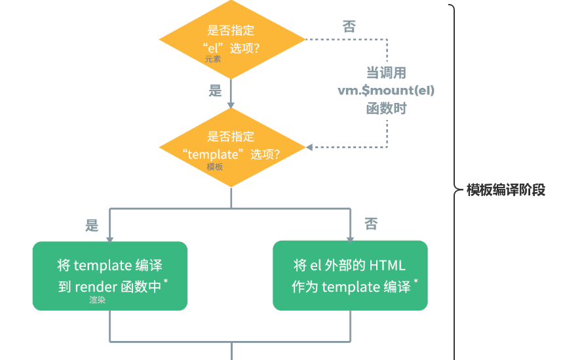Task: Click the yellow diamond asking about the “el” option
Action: [232, 39]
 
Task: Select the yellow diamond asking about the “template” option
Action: [232, 148]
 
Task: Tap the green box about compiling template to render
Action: [110, 276]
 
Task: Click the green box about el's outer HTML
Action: [350, 275]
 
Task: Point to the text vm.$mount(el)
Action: [386, 90]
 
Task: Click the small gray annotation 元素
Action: [213, 59]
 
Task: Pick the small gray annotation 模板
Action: [215, 167]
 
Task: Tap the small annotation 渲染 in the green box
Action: [97, 300]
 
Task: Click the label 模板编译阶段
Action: [506, 190]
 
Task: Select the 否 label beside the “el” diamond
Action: [349, 27]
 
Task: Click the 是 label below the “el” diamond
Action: [216, 90]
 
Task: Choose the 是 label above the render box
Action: [92, 226]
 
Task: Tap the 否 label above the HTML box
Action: [371, 224]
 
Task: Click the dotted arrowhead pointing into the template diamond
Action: [309, 148]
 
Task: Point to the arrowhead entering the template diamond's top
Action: [231, 106]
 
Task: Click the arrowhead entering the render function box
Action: [110, 239]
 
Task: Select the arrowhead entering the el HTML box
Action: [350, 239]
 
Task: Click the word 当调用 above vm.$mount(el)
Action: [386, 73]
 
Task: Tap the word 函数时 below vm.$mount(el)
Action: [386, 108]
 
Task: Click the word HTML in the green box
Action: [387, 266]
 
